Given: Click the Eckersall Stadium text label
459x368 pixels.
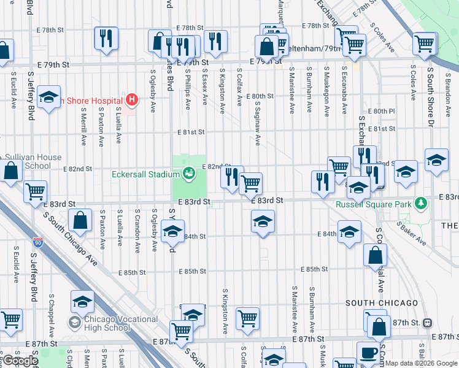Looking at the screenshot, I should coord(145,174).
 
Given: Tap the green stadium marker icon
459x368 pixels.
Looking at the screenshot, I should coord(189,174).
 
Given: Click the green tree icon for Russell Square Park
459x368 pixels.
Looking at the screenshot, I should coord(420,202).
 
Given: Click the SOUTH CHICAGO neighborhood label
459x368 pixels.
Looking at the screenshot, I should coord(382,303).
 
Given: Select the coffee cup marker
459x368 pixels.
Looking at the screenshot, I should coord(368,353).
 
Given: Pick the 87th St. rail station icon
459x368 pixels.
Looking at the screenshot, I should coord(428,323).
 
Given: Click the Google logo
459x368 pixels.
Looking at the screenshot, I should coord(20,361).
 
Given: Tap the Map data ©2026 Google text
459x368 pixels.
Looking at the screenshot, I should coord(421,363).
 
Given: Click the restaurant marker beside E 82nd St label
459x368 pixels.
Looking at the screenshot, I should coord(232,177).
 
